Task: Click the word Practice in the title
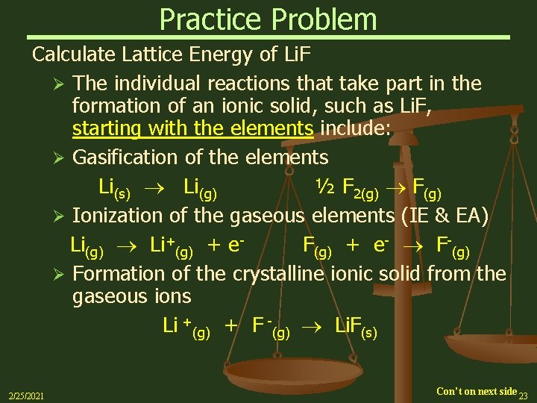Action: point(205,19)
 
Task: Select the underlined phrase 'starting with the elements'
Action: point(192,128)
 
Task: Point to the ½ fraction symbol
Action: point(325,187)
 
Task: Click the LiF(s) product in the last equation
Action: point(356,326)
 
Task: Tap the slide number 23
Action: point(524,396)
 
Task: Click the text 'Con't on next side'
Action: point(477,391)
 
